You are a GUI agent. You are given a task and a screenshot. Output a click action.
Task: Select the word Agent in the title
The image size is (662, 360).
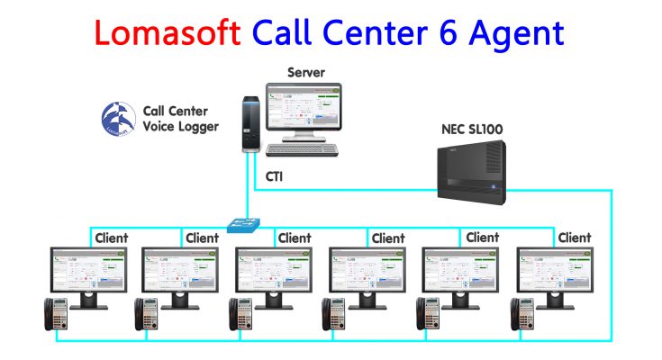[x=521, y=34]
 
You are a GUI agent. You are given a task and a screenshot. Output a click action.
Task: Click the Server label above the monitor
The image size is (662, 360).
[x=305, y=72]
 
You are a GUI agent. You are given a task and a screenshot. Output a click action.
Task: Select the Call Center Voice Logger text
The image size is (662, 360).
[x=180, y=119]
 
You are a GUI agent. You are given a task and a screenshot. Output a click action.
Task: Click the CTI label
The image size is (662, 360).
[x=277, y=179]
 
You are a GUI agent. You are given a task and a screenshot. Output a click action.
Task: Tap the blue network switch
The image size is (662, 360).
[x=243, y=223]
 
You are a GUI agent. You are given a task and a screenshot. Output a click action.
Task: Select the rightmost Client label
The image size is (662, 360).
[x=575, y=238]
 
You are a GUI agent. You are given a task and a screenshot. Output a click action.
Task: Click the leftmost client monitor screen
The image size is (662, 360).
[x=88, y=269]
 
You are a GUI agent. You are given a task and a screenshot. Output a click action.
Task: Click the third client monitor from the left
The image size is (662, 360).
[x=274, y=269]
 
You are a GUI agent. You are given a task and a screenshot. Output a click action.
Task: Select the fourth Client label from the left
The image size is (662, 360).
[x=388, y=238]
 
